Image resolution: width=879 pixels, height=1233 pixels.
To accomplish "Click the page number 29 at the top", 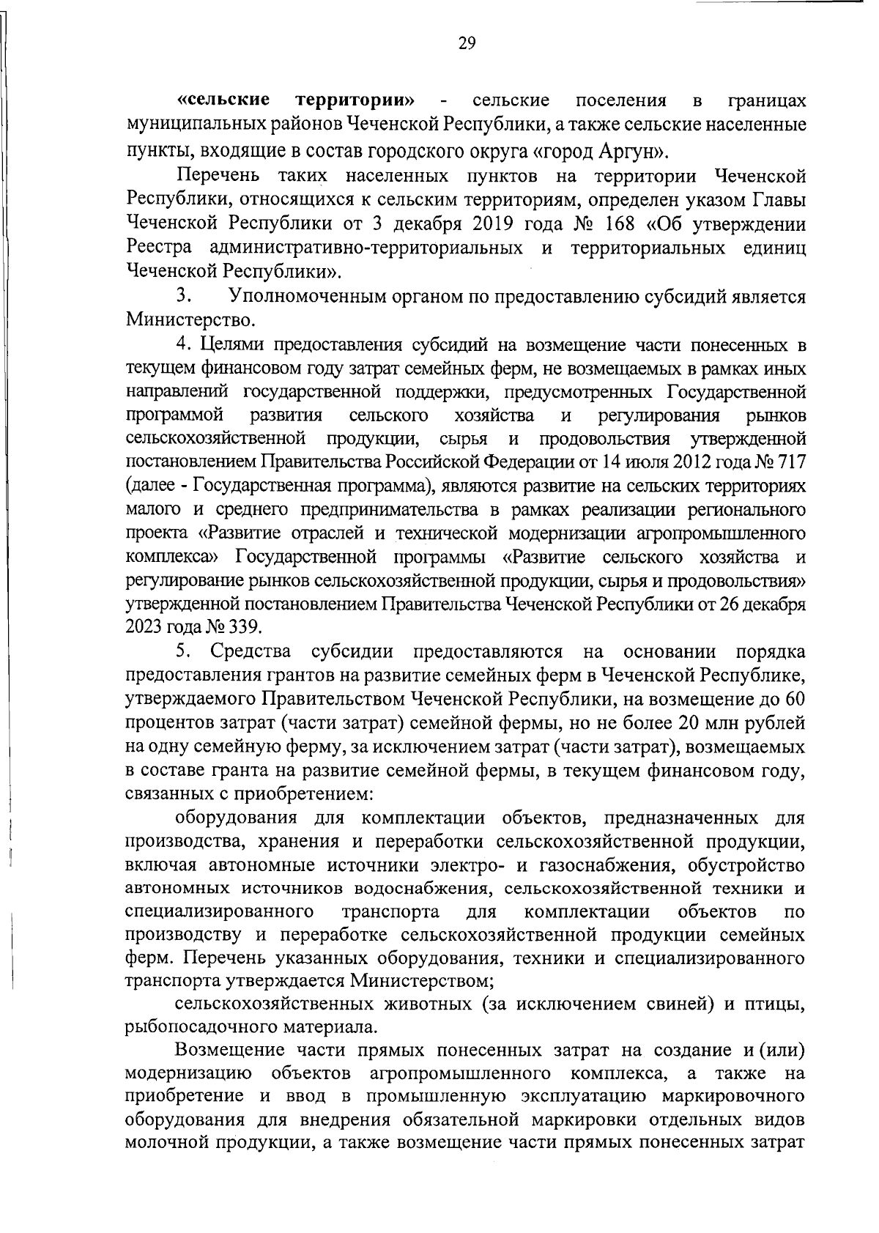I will click(467, 44).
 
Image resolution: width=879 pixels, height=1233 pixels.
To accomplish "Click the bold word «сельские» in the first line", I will click(223, 100).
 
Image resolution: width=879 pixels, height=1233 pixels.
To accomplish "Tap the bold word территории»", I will click(356, 100).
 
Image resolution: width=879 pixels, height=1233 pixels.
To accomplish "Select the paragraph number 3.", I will click(183, 297).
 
